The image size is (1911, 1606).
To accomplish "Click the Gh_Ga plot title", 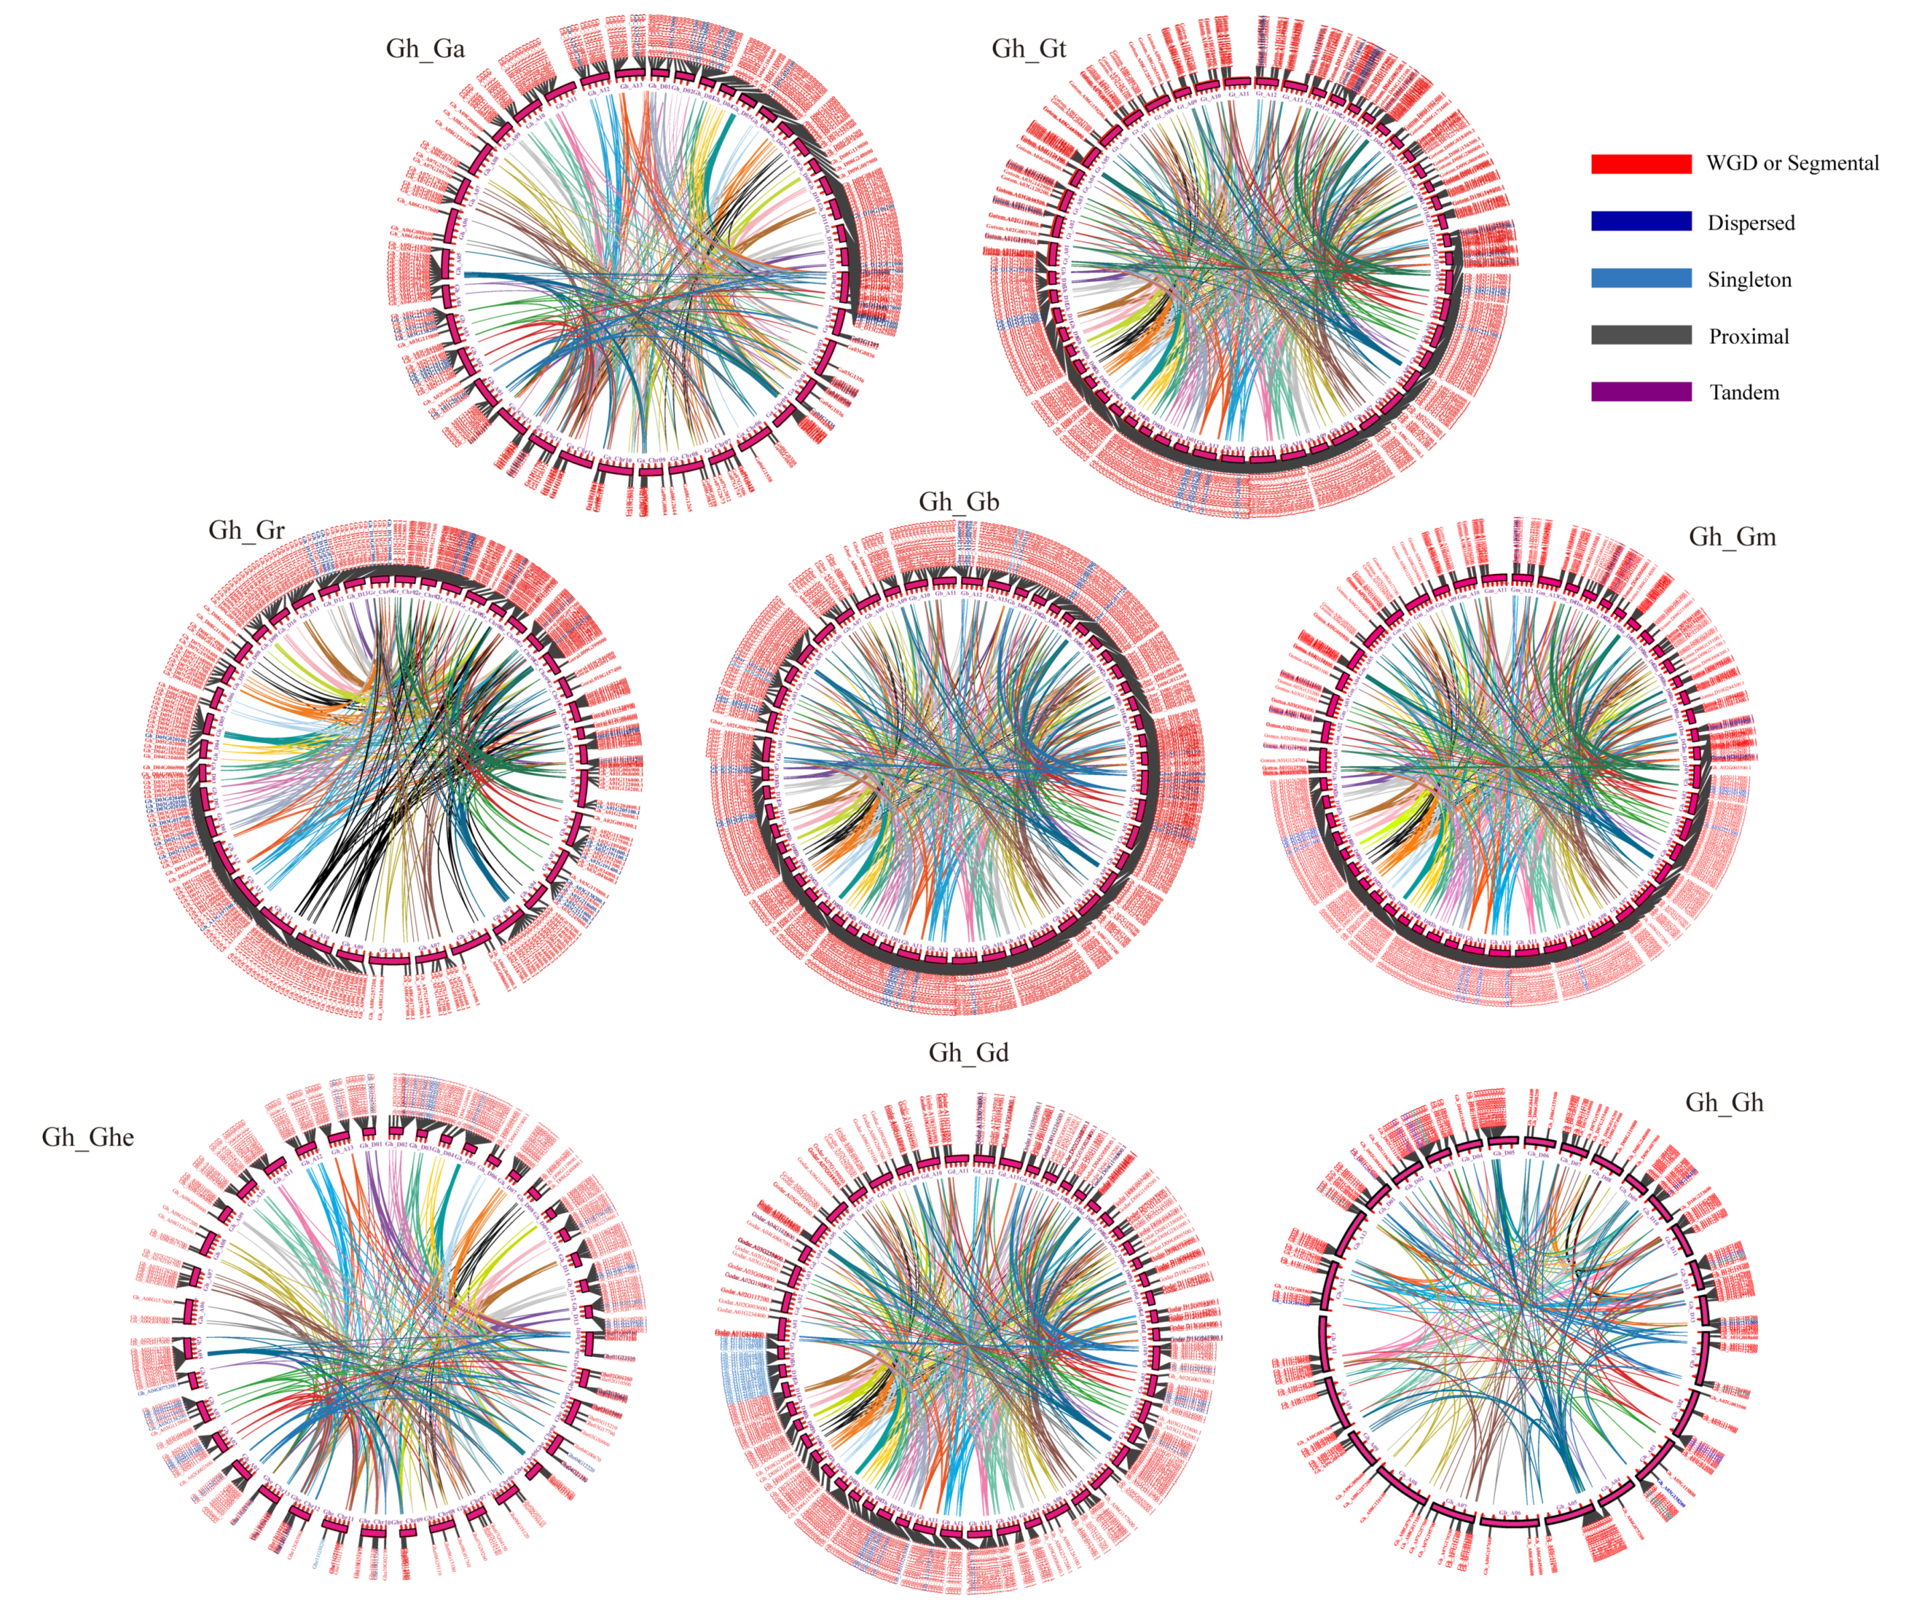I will [x=425, y=48].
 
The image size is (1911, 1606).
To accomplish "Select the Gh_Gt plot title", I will [x=1029, y=48].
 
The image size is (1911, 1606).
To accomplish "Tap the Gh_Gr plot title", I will [x=247, y=530].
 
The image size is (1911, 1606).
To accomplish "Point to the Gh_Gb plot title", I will [x=959, y=502].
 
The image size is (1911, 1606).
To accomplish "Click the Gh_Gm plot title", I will [x=1733, y=536].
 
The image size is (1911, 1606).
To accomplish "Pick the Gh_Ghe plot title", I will [x=89, y=1137].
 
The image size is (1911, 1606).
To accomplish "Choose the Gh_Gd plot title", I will [x=969, y=1053].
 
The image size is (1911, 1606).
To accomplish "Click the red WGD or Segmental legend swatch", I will [x=1641, y=164].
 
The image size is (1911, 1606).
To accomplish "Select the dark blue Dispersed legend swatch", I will [x=1641, y=221].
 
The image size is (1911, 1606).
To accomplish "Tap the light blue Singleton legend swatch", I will [x=1641, y=278].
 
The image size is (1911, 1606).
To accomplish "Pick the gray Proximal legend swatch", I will [x=1641, y=335].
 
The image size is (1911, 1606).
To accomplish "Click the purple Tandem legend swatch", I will [x=1641, y=392].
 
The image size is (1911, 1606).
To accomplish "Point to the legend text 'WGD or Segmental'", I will [x=1792, y=164].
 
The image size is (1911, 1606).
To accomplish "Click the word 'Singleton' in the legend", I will [x=1749, y=280].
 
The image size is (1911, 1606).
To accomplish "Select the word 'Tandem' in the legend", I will [x=1743, y=392].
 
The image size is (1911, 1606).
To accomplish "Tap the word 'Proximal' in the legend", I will [x=1749, y=336].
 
